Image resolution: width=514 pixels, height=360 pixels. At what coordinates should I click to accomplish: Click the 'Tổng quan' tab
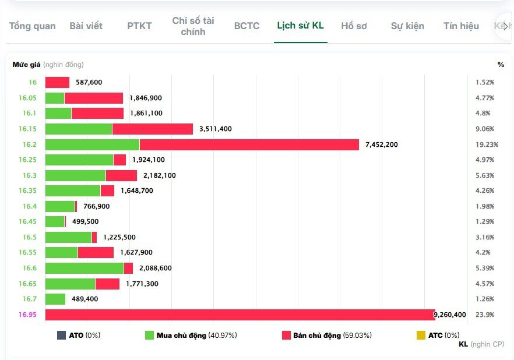click(33, 26)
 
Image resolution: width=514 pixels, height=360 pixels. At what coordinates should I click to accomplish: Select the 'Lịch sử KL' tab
click(300, 26)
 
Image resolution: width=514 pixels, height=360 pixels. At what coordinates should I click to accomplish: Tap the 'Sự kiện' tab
click(407, 26)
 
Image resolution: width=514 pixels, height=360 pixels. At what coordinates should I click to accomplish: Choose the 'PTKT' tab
click(139, 26)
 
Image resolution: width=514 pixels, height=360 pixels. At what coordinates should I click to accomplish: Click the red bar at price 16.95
click(240, 315)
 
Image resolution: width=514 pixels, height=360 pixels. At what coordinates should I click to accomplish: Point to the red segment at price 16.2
click(249, 144)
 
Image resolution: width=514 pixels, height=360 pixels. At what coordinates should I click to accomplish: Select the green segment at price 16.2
click(92, 144)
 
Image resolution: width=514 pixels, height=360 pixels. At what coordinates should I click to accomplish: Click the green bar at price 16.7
click(55, 299)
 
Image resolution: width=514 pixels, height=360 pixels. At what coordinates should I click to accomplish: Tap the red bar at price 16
click(57, 83)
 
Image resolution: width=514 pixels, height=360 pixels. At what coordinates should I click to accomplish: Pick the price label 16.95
click(27, 315)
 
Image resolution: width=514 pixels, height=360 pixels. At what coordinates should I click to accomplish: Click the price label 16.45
click(27, 221)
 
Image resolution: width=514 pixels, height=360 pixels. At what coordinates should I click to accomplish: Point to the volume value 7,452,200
click(382, 144)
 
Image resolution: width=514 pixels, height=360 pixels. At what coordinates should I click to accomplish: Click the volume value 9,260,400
click(450, 315)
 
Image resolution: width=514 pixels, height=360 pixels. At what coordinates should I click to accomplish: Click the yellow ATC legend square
click(421, 336)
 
